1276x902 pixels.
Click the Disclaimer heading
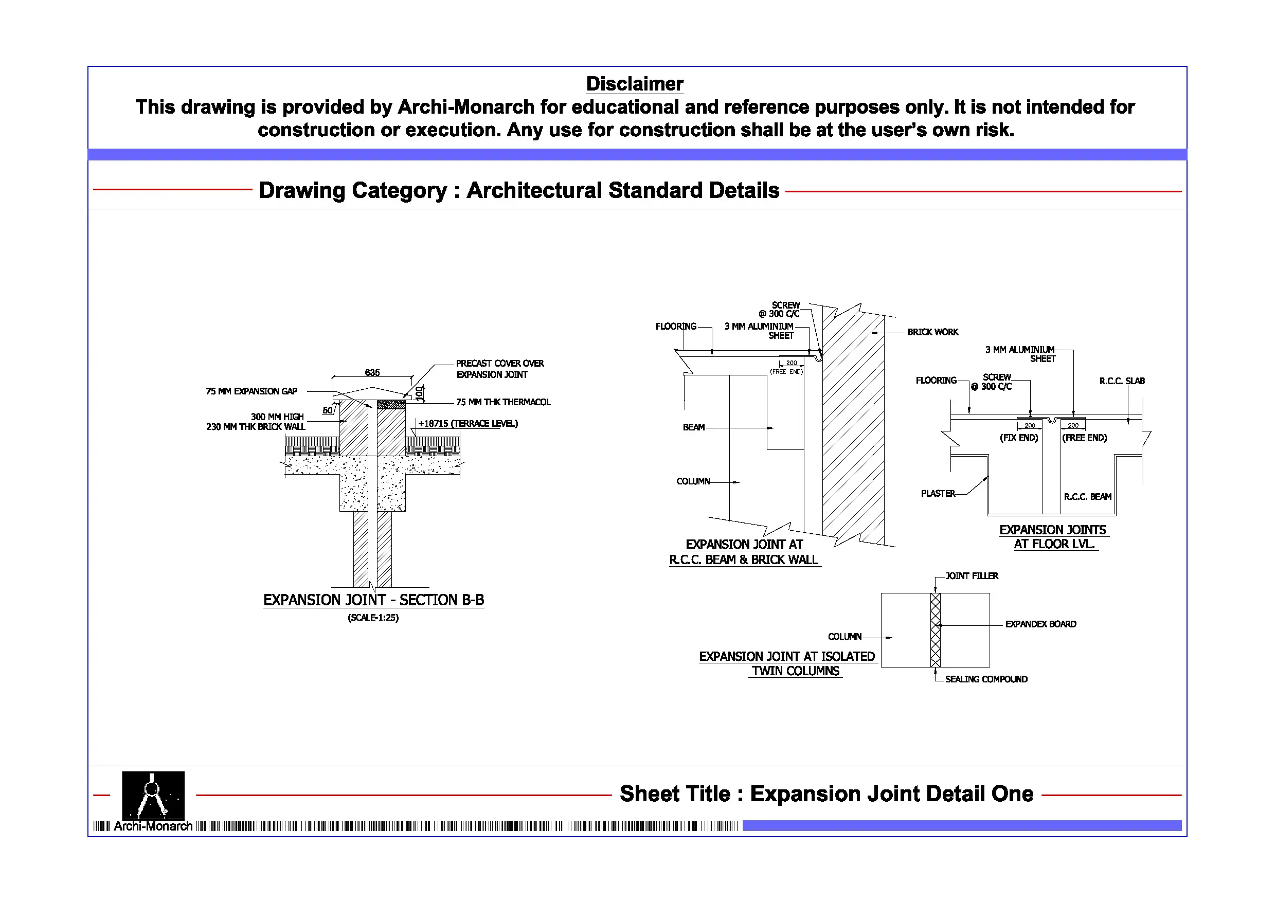click(x=634, y=84)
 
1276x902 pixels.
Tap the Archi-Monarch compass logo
click(x=153, y=795)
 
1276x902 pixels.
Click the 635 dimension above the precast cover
click(x=372, y=372)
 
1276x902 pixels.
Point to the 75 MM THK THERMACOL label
click(x=503, y=402)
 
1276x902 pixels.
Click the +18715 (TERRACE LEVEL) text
click(x=468, y=424)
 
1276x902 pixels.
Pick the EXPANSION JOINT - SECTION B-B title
click(x=373, y=600)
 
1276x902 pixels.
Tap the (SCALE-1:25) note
click(x=373, y=618)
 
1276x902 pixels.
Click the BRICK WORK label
click(x=932, y=332)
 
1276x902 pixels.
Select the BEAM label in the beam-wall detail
click(x=694, y=427)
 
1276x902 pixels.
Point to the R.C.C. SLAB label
click(x=1122, y=381)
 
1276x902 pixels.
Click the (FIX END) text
click(x=1019, y=438)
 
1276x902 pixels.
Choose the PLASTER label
click(x=938, y=494)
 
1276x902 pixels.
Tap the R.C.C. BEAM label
click(x=1087, y=496)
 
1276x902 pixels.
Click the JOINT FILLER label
click(x=972, y=576)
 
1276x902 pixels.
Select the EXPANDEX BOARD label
click(x=1040, y=624)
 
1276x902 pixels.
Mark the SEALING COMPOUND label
click(x=986, y=679)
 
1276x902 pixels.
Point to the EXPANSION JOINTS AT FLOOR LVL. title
click(x=1053, y=537)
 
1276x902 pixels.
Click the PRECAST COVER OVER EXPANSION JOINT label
click(x=499, y=369)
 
